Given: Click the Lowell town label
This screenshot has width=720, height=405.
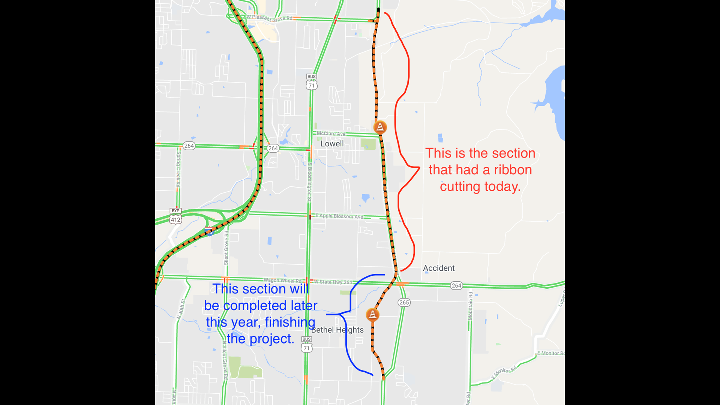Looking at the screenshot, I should coord(332,144).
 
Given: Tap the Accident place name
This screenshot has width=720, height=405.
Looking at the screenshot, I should coord(439,268).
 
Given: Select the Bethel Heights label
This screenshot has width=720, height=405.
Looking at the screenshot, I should coord(337,330).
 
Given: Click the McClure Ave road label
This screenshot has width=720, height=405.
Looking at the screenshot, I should coord(331,133).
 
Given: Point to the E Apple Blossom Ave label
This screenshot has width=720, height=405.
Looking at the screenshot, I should coord(339,216).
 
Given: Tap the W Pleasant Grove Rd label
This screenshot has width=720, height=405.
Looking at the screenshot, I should coord(269,18).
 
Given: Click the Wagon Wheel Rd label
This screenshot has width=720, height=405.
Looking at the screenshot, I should coord(282,280).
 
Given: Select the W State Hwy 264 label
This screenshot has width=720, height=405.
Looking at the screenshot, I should coord(333,282).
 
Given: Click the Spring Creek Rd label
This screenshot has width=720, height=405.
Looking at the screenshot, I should coord(178,169).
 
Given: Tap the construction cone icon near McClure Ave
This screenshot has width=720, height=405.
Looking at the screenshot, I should coord(380,127).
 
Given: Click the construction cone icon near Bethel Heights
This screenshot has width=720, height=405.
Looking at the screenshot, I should coord(372,314).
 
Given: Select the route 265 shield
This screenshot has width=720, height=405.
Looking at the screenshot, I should coord(404,302).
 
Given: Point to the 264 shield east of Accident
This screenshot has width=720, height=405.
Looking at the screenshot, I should coord(456,285).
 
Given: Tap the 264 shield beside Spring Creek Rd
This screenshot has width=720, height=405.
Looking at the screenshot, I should coord(189,145).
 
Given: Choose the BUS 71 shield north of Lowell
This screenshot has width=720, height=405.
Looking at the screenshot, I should coord(311,82).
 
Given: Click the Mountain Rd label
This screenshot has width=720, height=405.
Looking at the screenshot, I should coord(470,306).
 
